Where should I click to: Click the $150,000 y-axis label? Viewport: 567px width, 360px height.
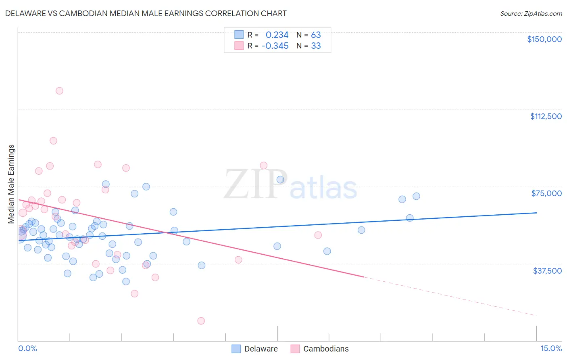point(544,39)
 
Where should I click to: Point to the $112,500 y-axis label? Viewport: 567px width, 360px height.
point(546,116)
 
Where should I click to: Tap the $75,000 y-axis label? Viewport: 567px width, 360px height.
point(546,193)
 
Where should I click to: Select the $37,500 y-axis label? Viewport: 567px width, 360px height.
point(547,270)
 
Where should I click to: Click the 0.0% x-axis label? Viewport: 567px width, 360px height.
point(27,348)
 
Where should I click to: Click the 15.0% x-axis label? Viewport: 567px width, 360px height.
point(551,348)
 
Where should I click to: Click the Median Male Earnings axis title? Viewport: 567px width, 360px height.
point(11,184)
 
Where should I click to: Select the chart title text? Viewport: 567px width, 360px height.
point(146,13)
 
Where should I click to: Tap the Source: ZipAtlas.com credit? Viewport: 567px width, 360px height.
point(531,13)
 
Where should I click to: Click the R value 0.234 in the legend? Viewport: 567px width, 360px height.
point(277,35)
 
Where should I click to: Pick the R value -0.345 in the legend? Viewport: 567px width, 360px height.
point(275,46)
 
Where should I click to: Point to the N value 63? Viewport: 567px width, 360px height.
point(316,35)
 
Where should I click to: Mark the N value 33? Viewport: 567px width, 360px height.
point(316,46)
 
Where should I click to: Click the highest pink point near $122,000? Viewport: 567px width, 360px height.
point(59,91)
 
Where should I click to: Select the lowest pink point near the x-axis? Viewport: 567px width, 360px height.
point(201,321)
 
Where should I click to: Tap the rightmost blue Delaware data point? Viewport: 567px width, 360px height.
point(416,196)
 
